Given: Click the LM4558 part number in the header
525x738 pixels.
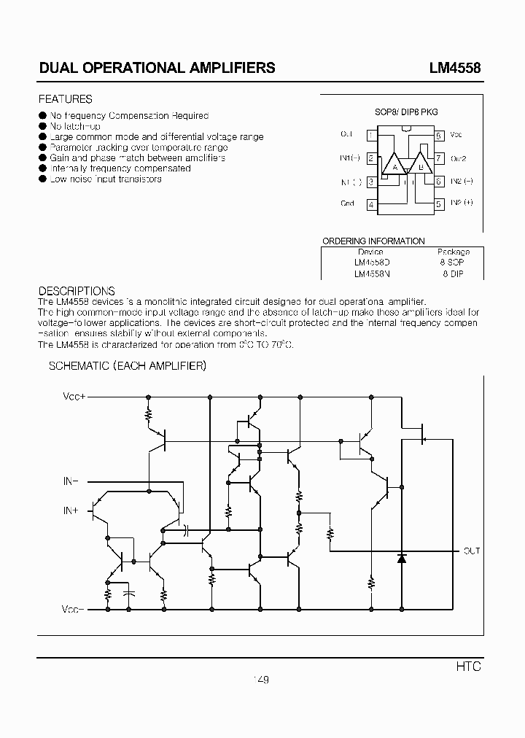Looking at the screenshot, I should pyautogui.click(x=454, y=68).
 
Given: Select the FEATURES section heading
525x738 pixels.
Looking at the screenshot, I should pyautogui.click(x=65, y=99).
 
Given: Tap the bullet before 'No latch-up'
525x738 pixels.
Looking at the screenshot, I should pyautogui.click(x=42, y=126).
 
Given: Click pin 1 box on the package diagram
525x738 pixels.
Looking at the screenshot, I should pyautogui.click(x=372, y=135).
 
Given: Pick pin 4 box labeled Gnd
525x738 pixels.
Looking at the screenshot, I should pyautogui.click(x=372, y=205).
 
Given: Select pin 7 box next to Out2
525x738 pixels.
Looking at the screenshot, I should pyautogui.click(x=439, y=158).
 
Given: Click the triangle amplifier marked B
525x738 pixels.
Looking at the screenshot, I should pyautogui.click(x=421, y=166).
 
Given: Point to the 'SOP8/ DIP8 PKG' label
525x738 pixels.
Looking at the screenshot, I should pyautogui.click(x=406, y=112).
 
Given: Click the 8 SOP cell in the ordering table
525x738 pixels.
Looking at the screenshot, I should pyautogui.click(x=452, y=262).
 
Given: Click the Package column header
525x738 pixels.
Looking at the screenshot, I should pyautogui.click(x=452, y=251).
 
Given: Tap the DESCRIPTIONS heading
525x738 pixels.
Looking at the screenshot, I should pyautogui.click(x=77, y=291).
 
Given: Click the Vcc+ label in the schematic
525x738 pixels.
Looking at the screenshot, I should pyautogui.click(x=74, y=397).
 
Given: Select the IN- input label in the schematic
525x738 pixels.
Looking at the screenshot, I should pyautogui.click(x=71, y=482).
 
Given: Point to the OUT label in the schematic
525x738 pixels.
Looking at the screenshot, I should pyautogui.click(x=471, y=551).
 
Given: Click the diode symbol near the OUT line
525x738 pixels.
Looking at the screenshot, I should pyautogui.click(x=401, y=558).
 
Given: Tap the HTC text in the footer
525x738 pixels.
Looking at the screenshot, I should pyautogui.click(x=469, y=667).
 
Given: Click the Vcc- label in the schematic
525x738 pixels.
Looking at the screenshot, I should pyautogui.click(x=74, y=608).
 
